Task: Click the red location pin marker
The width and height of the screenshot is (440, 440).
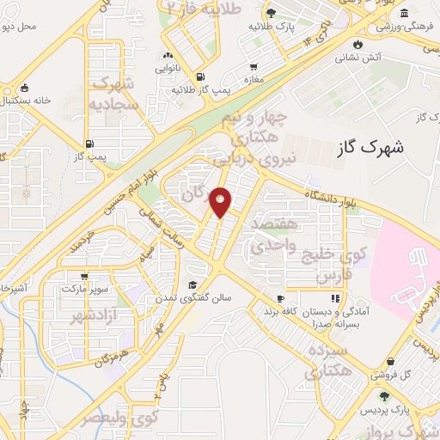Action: tap(221, 201)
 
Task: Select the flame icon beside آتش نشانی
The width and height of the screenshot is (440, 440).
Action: tap(357, 41)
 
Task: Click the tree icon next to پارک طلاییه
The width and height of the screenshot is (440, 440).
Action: tap(272, 12)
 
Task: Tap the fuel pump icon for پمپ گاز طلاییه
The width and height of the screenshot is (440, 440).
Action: tap(199, 76)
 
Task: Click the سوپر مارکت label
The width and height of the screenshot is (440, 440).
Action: tap(82, 289)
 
